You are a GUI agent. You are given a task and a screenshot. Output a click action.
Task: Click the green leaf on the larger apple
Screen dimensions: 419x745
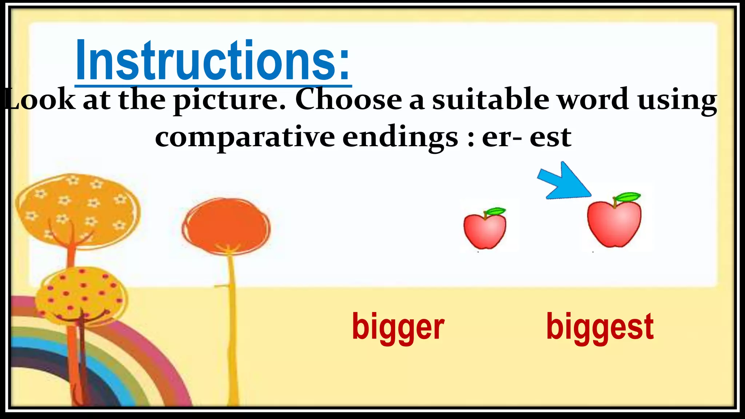pos(628,197)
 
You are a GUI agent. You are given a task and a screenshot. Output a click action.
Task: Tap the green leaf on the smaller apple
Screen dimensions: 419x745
pos(495,211)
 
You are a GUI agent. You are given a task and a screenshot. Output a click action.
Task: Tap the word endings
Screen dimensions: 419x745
pos(400,138)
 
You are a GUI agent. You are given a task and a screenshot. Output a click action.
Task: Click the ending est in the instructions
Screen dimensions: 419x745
pos(550,138)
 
